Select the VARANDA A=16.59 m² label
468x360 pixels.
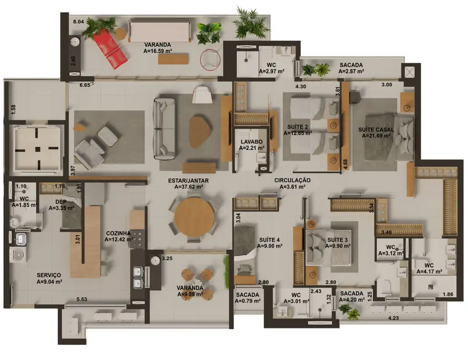[157, 48]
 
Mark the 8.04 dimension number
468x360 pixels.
[79, 22]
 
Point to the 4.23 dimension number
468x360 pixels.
[394, 318]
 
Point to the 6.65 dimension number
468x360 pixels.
[85, 85]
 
